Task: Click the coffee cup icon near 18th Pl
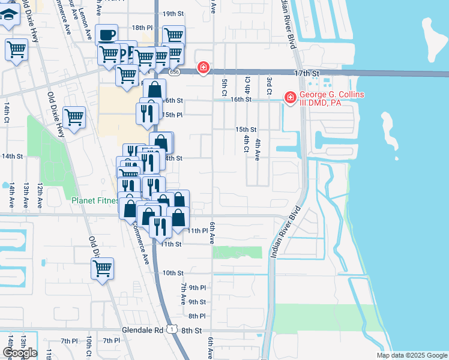coord(107,35)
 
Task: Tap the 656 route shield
coord(174,73)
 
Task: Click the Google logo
coord(20,353)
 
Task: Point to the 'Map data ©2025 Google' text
coord(411,355)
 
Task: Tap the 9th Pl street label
coord(197,288)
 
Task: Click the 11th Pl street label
coord(197,230)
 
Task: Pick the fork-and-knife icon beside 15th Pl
coord(147,113)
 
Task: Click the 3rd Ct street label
coord(270,85)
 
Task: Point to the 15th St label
coord(246,130)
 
